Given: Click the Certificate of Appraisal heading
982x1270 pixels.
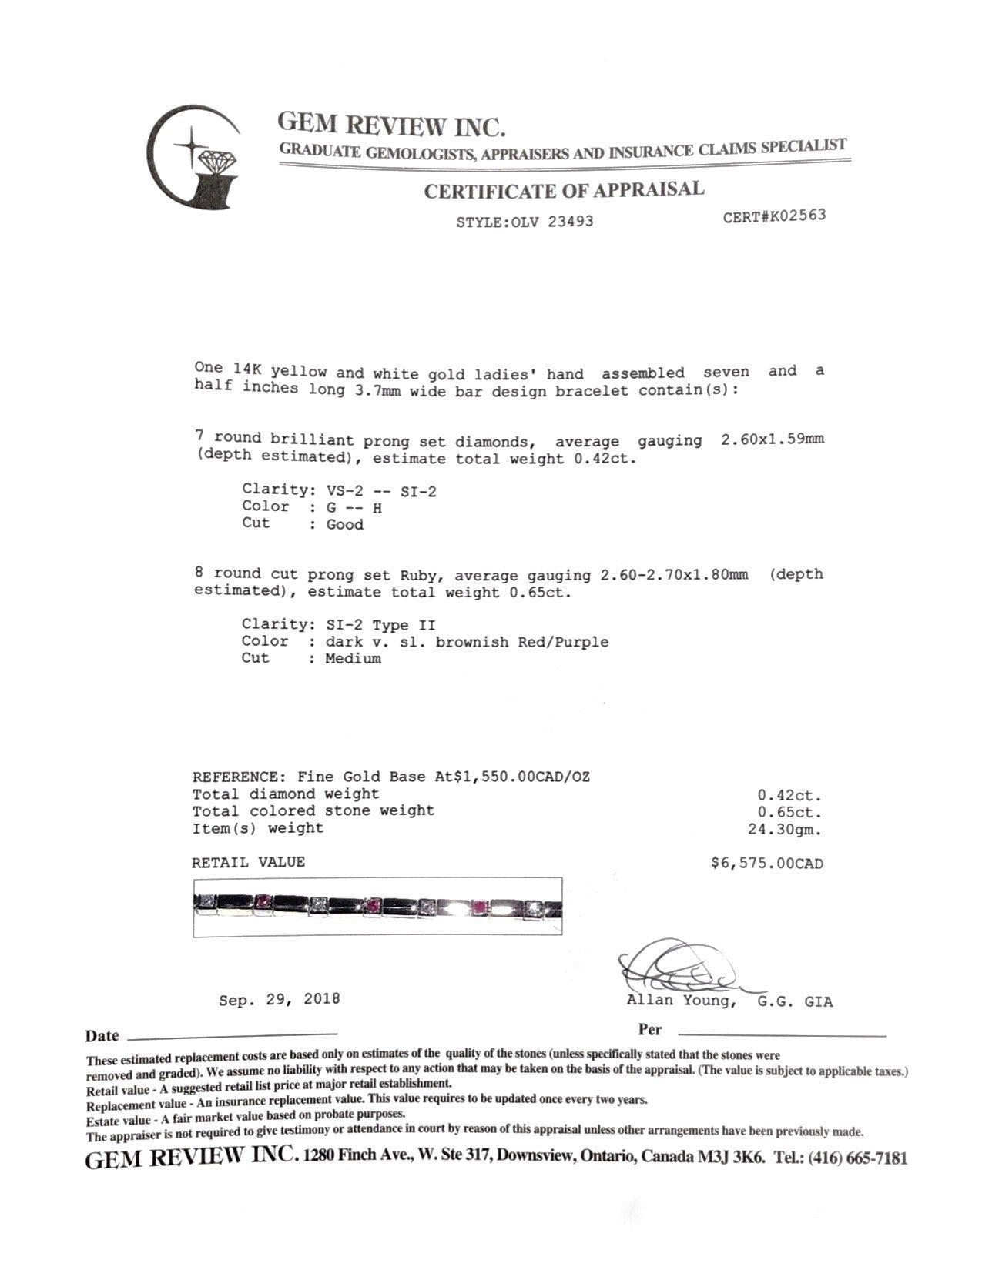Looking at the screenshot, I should coord(564,190).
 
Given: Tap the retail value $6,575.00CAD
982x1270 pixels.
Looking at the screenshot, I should coord(766,864).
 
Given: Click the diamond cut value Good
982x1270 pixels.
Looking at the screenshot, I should coord(344,525).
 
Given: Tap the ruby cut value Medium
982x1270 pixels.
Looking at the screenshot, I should coord(353,659).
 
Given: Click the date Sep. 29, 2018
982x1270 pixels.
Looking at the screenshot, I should coord(279,999).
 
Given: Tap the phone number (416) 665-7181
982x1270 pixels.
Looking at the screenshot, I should coord(857,1158).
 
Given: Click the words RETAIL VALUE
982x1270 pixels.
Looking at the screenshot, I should coord(248,862).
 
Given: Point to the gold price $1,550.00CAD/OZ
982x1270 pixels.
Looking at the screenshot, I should coord(522,777).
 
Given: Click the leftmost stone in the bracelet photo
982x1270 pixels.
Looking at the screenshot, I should coord(206,901).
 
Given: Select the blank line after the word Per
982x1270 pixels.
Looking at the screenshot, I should coord(781,1035).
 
